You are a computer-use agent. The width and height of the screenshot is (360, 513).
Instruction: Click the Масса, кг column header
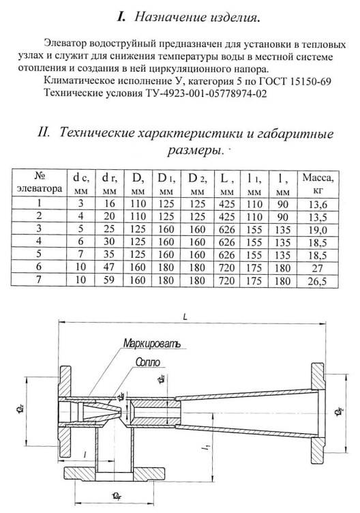tap(317, 184)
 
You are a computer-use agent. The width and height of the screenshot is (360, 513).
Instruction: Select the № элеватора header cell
tap(40, 184)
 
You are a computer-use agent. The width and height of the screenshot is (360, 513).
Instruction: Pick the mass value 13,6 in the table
tap(317, 203)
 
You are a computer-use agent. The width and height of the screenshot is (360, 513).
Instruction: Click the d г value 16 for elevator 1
tap(109, 203)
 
